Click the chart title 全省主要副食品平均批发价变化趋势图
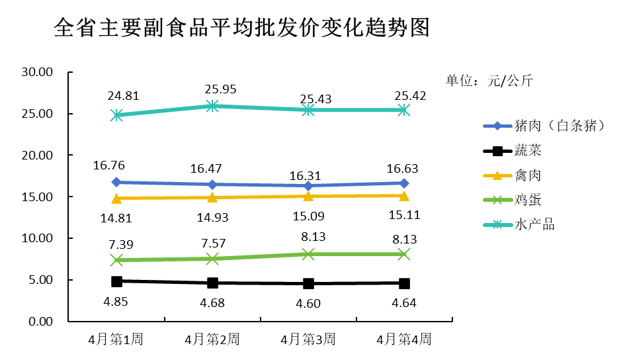(241, 28)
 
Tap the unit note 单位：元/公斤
(489, 81)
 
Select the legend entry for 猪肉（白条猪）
(544, 126)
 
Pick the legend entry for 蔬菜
(512, 151)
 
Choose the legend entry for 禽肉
(512, 175)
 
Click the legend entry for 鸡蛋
(512, 200)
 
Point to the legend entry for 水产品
(519, 224)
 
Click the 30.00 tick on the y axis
(37, 72)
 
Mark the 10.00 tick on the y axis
(37, 238)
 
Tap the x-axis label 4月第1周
(116, 339)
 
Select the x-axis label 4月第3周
(308, 339)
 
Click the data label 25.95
(221, 89)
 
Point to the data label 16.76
(108, 165)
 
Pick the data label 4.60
(308, 304)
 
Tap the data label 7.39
(121, 244)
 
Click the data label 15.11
(405, 215)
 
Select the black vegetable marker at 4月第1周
(116, 281)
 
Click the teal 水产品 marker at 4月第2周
(212, 106)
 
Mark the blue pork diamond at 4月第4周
(404, 183)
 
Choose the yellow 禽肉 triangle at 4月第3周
(308, 196)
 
